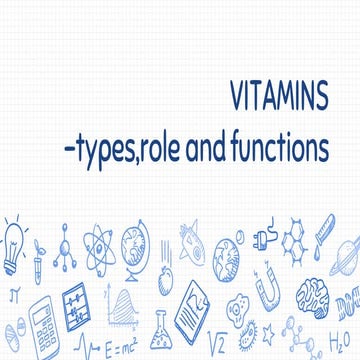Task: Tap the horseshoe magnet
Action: (x=268, y=293)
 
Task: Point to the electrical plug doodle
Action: (x=262, y=240)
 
